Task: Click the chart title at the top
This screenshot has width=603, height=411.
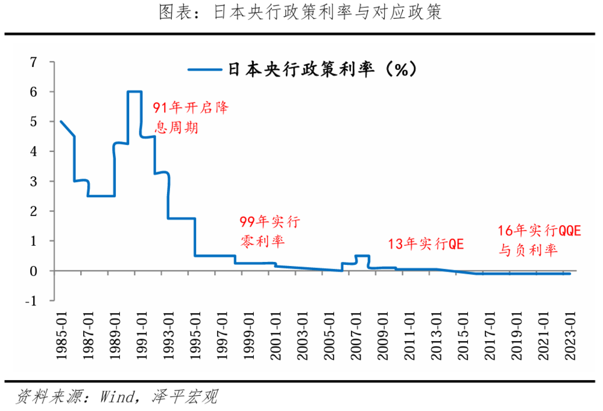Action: pos(301,13)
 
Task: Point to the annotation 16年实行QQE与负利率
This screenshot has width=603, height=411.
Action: pos(538,240)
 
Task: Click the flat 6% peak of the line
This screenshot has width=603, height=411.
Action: pos(134,92)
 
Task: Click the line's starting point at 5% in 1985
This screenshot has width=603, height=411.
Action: pos(61,121)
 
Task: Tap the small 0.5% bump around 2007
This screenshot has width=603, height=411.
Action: pos(362,256)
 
